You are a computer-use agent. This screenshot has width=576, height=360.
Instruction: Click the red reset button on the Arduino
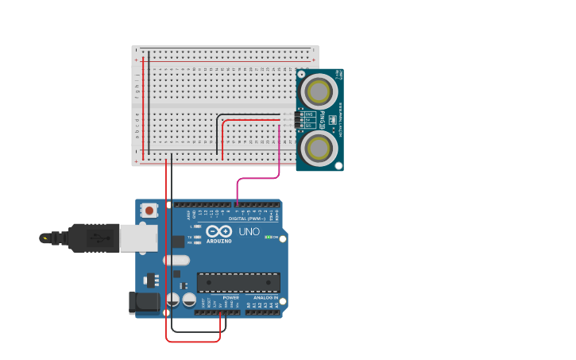point(149,211)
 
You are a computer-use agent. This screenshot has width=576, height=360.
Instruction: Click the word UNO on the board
point(249,232)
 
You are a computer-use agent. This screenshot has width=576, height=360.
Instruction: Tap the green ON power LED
point(269,237)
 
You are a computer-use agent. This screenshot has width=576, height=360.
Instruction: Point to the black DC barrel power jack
point(144,302)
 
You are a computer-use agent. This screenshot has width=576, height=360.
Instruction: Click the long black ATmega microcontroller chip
point(238,282)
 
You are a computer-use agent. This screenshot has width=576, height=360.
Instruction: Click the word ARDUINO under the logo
point(218,241)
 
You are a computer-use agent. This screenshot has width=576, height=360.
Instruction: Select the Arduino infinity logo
point(218,231)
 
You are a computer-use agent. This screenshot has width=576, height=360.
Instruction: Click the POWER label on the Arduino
point(220,298)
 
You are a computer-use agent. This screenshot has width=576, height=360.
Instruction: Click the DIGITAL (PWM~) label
point(247,219)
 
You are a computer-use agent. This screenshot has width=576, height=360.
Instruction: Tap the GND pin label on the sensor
point(308,114)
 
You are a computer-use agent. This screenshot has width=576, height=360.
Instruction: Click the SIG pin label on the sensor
point(308,126)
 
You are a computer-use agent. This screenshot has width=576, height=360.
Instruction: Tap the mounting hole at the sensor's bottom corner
point(338,166)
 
